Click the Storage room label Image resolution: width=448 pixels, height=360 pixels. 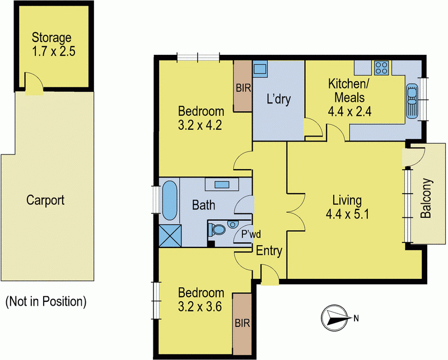pyautogui.click(x=52, y=38)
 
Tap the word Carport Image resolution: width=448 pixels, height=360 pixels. pyautogui.click(x=45, y=200)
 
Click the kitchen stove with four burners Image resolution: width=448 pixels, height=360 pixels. pyautogui.click(x=381, y=68)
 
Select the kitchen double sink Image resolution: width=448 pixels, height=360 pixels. pyautogui.click(x=412, y=101)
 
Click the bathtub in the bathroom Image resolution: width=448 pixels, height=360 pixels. pyautogui.click(x=170, y=200)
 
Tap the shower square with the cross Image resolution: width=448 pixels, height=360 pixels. pyautogui.click(x=170, y=236)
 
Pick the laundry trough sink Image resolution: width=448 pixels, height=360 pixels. pyautogui.click(x=260, y=68)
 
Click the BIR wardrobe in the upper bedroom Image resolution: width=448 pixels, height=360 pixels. pyautogui.click(x=243, y=86)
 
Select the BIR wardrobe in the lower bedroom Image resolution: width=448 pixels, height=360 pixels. pyautogui.click(x=242, y=324)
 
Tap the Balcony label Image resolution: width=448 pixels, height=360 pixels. pyautogui.click(x=426, y=198)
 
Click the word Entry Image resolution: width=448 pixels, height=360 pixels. pyautogui.click(x=269, y=251)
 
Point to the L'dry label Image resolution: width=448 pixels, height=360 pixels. pyautogui.click(x=278, y=99)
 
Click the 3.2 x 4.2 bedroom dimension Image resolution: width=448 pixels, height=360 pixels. pyautogui.click(x=200, y=125)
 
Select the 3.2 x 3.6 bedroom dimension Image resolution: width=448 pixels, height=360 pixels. pyautogui.click(x=200, y=307)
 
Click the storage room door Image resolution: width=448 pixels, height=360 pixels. pyautogui.click(x=34, y=83)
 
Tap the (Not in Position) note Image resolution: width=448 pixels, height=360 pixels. pyautogui.click(x=46, y=302)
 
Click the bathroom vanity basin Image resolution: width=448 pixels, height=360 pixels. pyautogui.click(x=222, y=185)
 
